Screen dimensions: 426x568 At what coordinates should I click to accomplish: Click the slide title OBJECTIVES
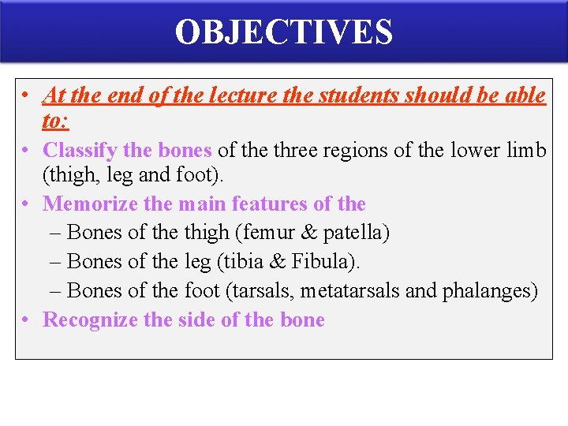pyautogui.click(x=283, y=32)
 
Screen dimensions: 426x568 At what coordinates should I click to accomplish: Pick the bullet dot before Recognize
pyautogui.click(x=26, y=319)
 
